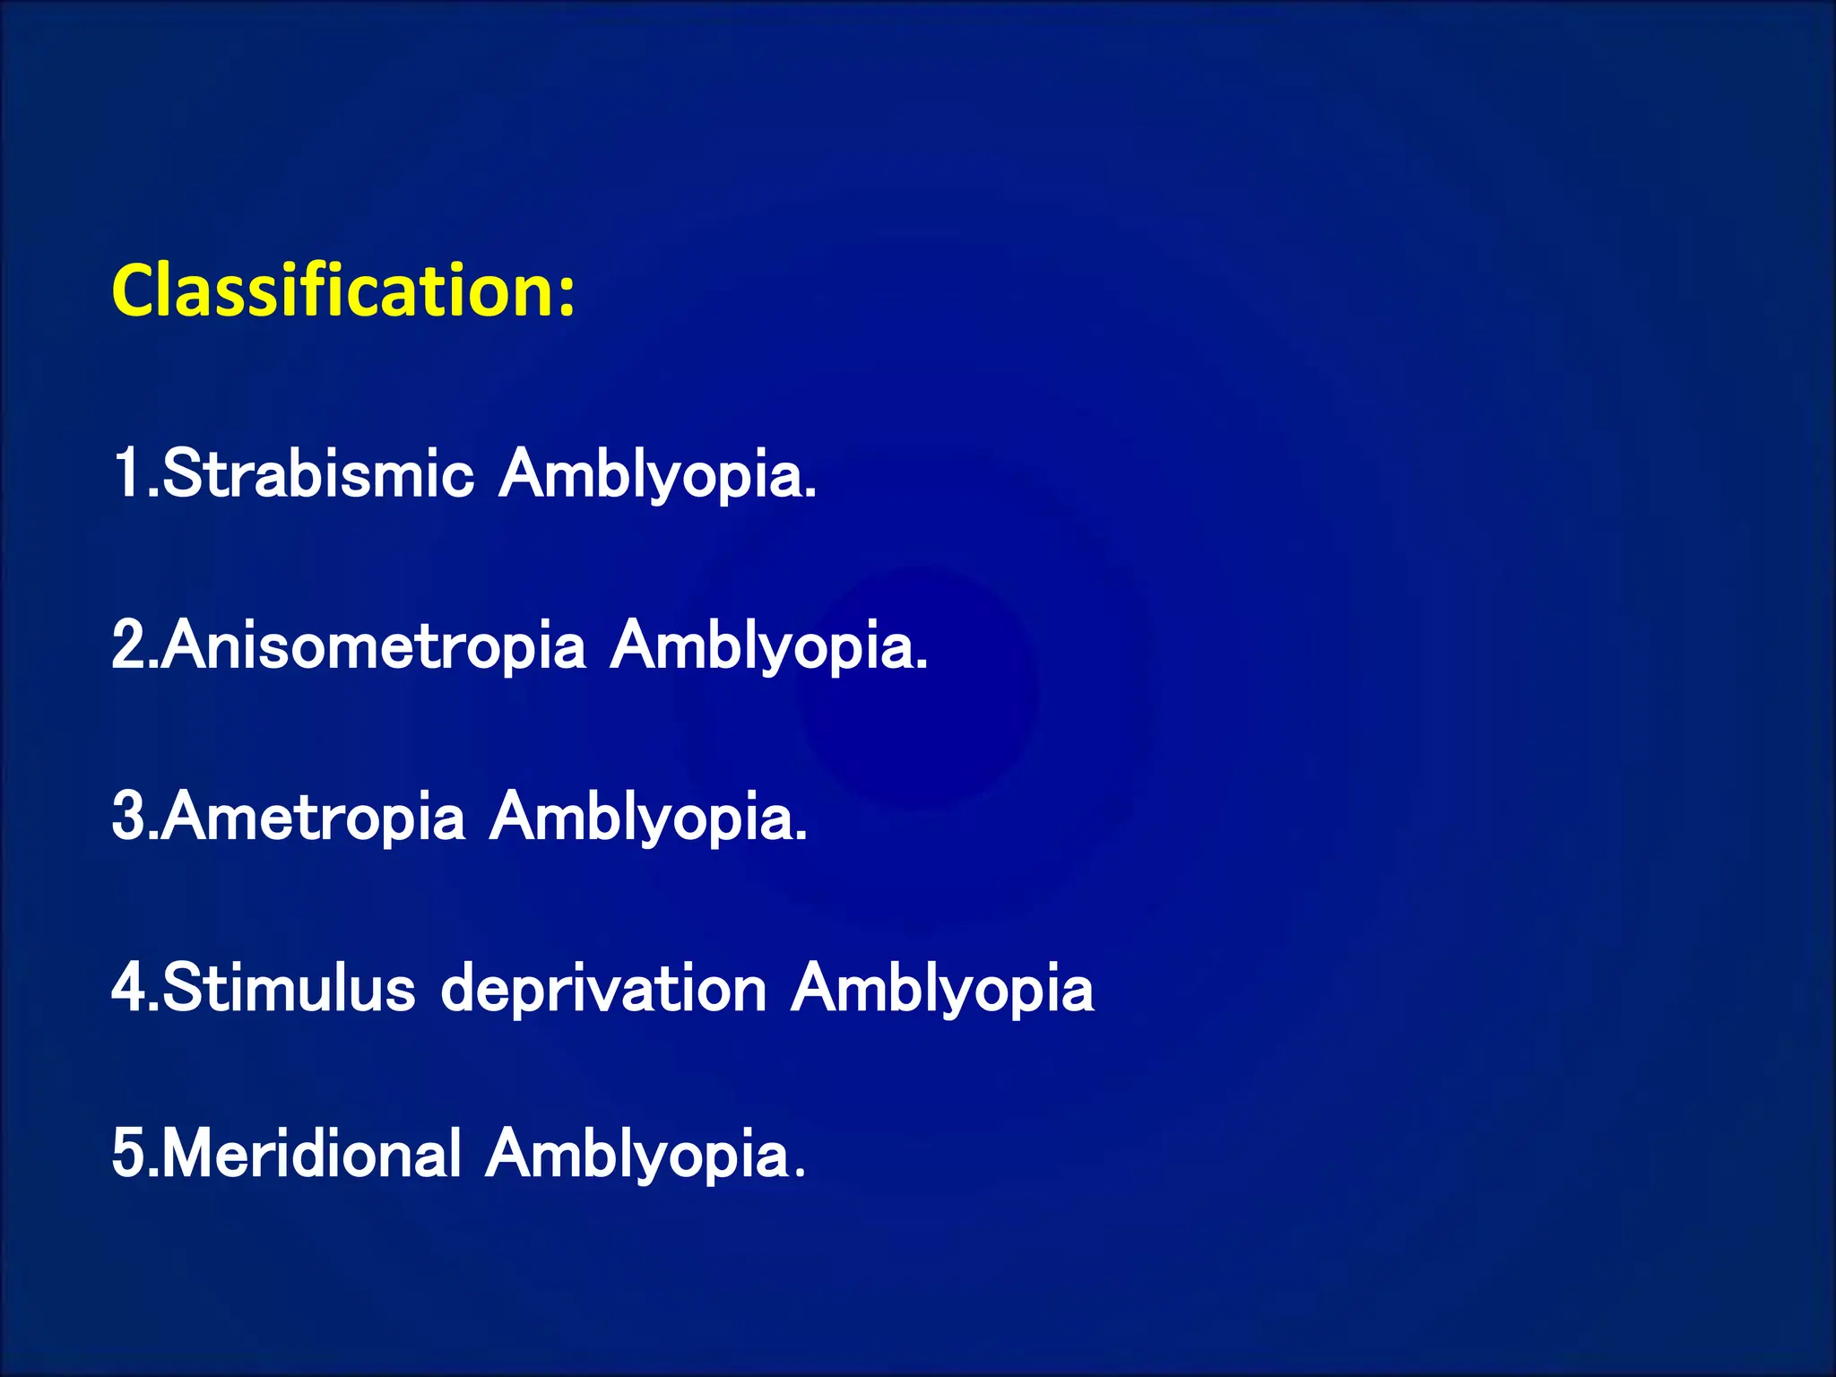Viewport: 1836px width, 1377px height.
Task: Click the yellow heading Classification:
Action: coord(342,291)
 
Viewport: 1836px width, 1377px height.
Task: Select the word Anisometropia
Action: coord(375,645)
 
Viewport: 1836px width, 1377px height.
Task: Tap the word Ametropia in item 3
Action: coord(314,818)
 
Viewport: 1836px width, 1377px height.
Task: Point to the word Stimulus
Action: coord(289,988)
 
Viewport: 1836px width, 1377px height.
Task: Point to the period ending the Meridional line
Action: coord(801,1173)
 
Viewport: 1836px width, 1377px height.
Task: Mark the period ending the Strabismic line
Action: coord(811,494)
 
